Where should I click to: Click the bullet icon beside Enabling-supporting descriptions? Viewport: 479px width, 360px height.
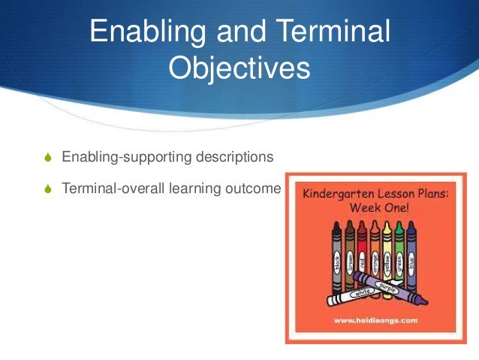point(49,158)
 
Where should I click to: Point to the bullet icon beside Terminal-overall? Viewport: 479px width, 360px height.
point(49,189)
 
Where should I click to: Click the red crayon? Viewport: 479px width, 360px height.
point(362,259)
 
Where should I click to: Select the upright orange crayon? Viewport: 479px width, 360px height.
point(375,259)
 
